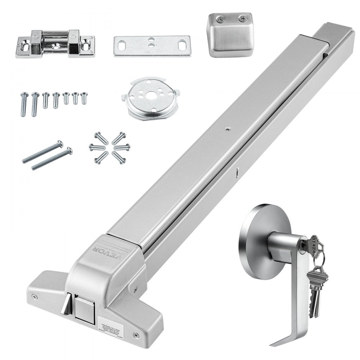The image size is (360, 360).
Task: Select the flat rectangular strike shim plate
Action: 152,46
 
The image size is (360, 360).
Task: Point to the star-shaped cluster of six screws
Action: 109,148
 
